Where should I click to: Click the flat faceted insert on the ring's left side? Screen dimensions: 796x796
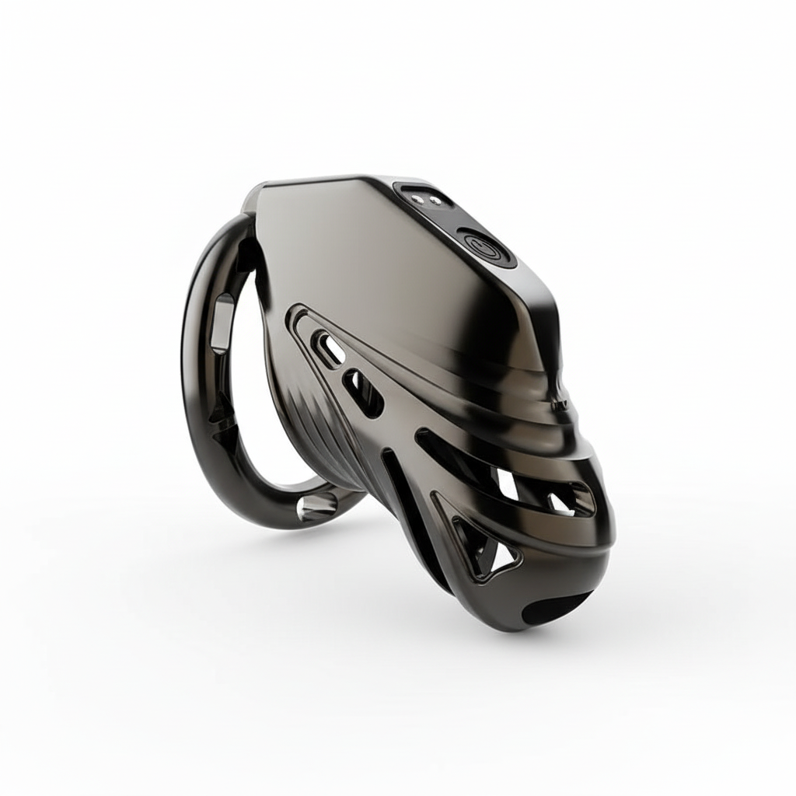224,314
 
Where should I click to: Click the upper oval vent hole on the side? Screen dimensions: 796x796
330,347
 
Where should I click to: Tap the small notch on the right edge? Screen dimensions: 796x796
558,404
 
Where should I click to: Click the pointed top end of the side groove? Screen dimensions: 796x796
295,311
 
